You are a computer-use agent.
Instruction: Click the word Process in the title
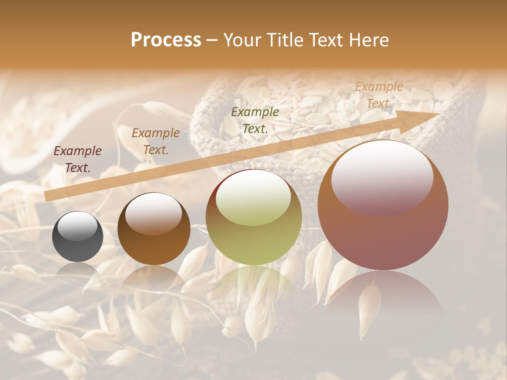pos(166,40)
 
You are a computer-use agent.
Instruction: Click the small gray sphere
pos(78,236)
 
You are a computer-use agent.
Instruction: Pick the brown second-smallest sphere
pos(154,229)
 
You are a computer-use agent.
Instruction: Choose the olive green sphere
pos(254,217)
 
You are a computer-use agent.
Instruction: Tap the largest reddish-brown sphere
pos(383,205)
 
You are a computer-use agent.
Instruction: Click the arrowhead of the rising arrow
pos(425,117)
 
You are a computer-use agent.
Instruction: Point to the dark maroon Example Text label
pos(78,159)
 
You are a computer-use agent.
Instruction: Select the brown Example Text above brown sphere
pos(156,141)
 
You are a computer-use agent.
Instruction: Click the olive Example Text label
pos(255,120)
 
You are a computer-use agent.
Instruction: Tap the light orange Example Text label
pos(379,95)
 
